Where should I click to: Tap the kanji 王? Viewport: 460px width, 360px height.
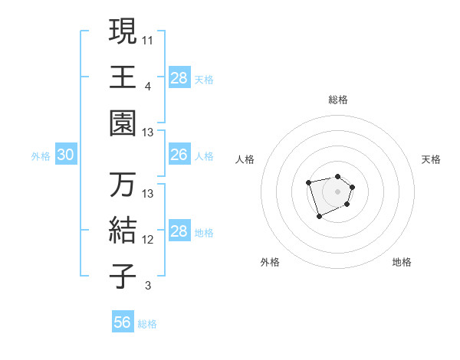pos(123,77)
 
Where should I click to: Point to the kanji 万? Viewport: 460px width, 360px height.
pos(123,185)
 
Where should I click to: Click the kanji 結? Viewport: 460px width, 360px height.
pos(123,231)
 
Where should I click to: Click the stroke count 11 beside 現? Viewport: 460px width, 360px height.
pos(148,39)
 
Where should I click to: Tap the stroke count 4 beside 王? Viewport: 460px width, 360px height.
pos(147,86)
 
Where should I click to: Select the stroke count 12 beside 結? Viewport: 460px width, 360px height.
pos(148,240)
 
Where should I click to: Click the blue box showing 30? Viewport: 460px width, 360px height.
pos(65,155)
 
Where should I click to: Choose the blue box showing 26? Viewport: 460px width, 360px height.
pos(179,155)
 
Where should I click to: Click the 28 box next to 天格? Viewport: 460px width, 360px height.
pos(179,77)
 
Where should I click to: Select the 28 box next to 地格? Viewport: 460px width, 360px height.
pos(179,232)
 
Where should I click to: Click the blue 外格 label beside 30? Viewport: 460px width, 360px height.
pos(41,156)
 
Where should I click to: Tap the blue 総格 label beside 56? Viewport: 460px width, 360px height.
pos(147,324)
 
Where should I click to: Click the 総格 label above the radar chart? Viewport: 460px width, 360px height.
pos(338,100)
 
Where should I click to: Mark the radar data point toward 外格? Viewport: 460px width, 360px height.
pos(319,217)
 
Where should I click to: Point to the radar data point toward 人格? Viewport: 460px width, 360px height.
pos(308,182)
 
